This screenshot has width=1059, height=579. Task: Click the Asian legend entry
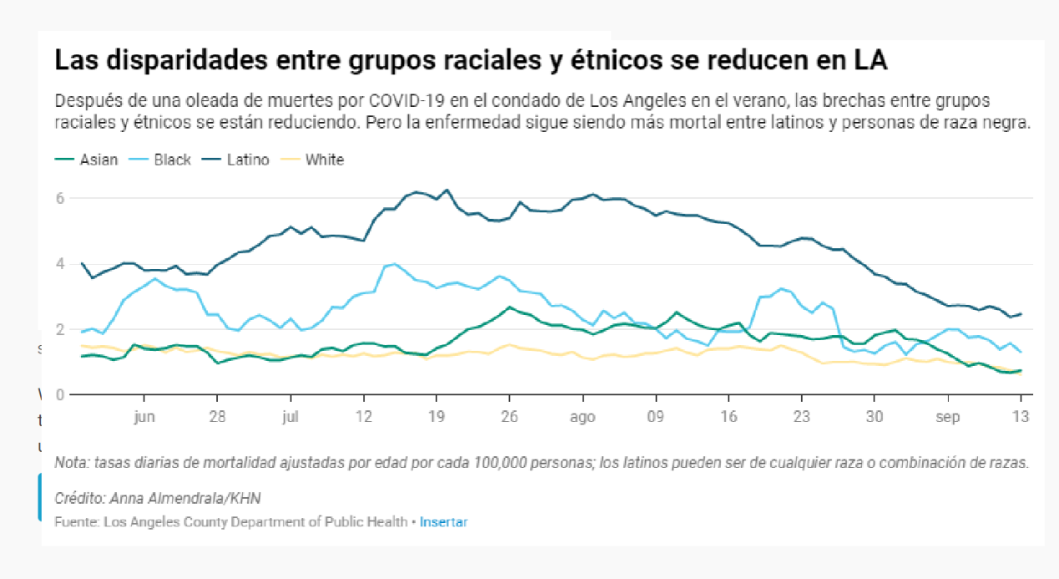(98, 160)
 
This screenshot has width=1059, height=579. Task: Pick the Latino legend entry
(248, 160)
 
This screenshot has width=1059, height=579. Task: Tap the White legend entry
(325, 160)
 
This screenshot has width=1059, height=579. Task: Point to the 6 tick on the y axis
(59, 198)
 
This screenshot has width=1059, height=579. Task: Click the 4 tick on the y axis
(59, 264)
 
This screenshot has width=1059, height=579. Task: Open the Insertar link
(443, 522)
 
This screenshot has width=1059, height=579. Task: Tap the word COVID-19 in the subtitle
(410, 101)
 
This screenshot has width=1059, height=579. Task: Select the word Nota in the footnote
(70, 463)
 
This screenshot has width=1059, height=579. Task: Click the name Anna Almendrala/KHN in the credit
(185, 499)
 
